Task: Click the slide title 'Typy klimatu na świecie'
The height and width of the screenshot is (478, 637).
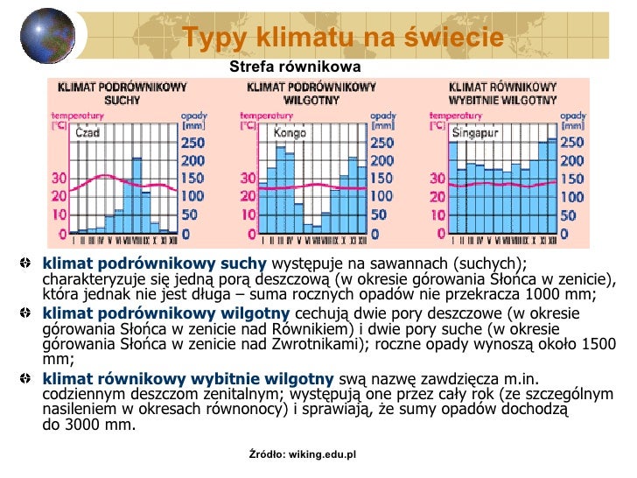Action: (343, 38)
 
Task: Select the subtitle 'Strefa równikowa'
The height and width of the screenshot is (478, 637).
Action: (294, 67)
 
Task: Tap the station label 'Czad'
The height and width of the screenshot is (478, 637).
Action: (87, 134)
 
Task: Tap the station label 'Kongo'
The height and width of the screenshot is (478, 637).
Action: (290, 134)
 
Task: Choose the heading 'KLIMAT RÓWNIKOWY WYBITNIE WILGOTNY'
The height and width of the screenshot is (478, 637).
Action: (502, 94)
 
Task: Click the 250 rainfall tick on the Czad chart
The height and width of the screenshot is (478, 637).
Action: (192, 144)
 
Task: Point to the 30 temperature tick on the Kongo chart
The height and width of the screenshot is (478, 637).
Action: (248, 179)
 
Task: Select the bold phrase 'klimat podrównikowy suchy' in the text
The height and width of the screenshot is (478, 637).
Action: (154, 264)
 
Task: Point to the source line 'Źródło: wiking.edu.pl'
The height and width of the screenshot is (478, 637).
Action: (303, 455)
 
